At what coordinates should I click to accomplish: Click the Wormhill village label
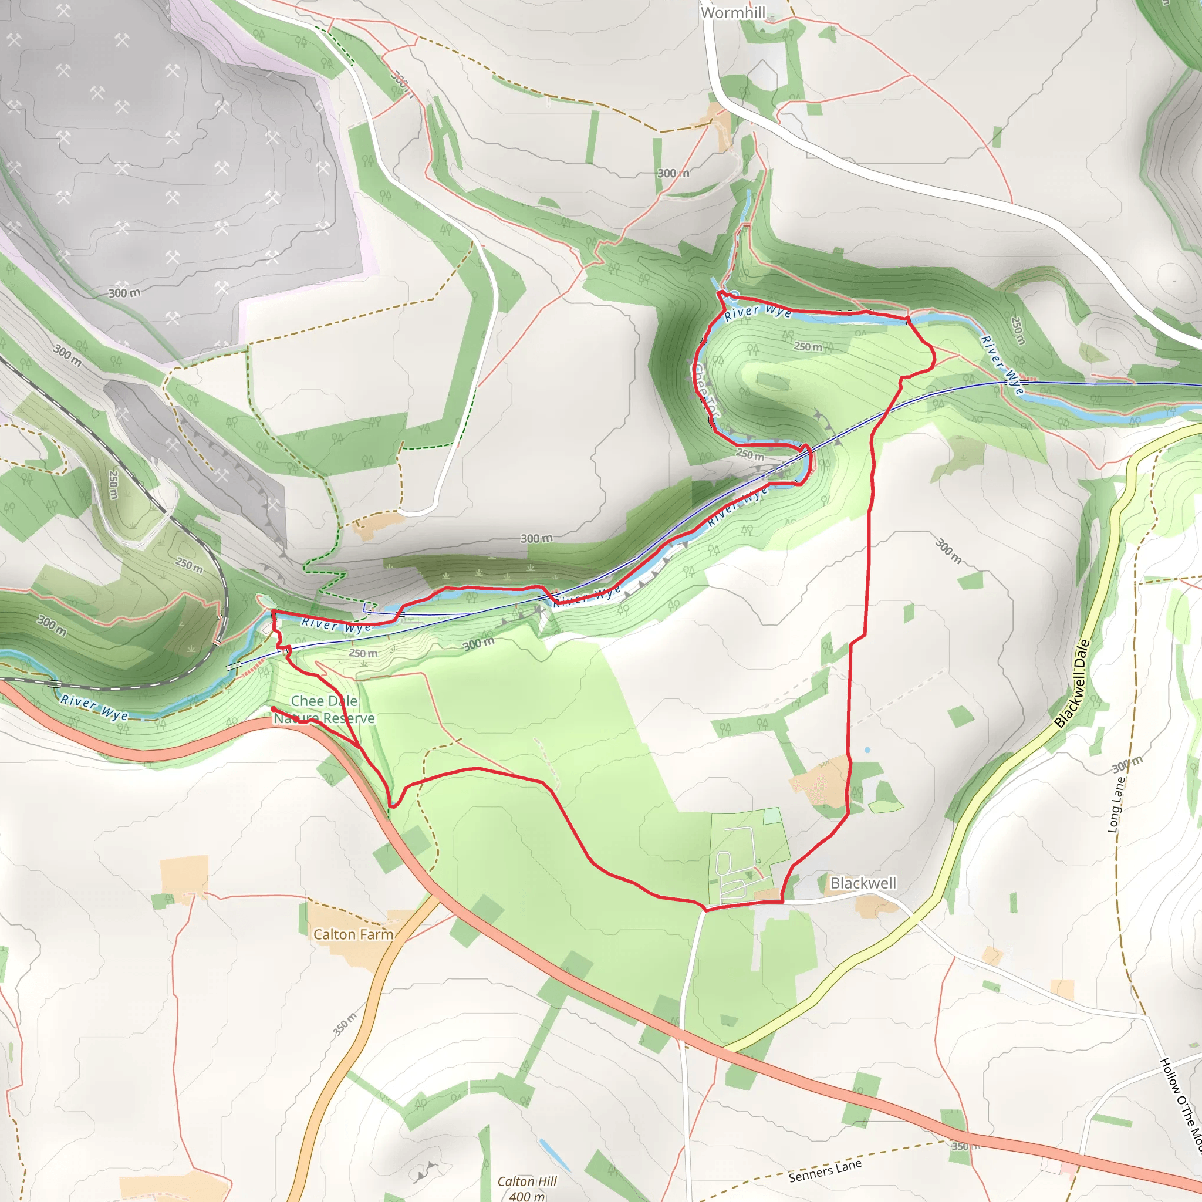tap(733, 12)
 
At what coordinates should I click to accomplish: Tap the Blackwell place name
tap(863, 883)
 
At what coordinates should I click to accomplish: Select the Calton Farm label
tap(353, 934)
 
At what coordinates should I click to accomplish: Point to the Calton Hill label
tap(527, 1181)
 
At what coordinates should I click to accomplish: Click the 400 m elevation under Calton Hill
tap(526, 1195)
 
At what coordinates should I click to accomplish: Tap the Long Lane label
tap(1117, 806)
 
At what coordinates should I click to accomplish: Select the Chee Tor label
tap(707, 390)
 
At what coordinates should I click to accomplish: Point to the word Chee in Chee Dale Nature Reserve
tap(308, 701)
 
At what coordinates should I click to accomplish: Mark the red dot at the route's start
tap(273, 709)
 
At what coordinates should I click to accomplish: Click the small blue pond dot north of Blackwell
tap(867, 750)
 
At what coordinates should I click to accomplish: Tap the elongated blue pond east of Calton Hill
tap(554, 1154)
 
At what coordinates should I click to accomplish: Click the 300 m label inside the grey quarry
tap(124, 292)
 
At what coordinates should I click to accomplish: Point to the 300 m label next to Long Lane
tap(1127, 765)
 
